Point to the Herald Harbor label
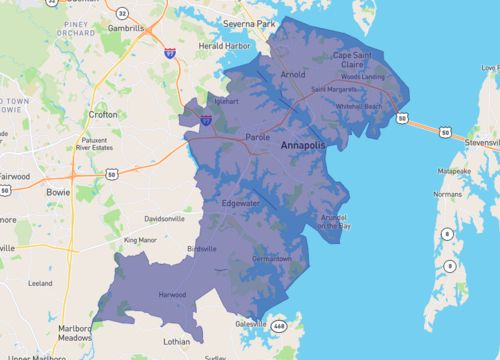tap(223, 46)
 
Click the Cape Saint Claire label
tap(356, 60)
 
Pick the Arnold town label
tap(292, 74)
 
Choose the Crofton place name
tap(105, 114)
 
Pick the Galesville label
tap(251, 323)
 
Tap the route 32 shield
tap(122, 12)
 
